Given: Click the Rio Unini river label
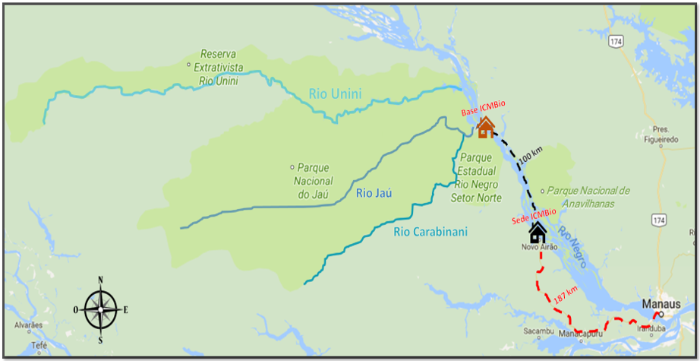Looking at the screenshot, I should [335, 94].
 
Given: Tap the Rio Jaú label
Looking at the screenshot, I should [374, 194].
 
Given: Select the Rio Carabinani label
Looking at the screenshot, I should [431, 232].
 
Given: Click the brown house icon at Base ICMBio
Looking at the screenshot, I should [485, 127].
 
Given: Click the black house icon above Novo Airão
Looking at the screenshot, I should [538, 232].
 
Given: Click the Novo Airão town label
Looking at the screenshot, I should [539, 248].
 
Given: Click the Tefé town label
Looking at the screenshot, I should [39, 345].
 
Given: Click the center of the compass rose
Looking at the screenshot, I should [100, 310].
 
